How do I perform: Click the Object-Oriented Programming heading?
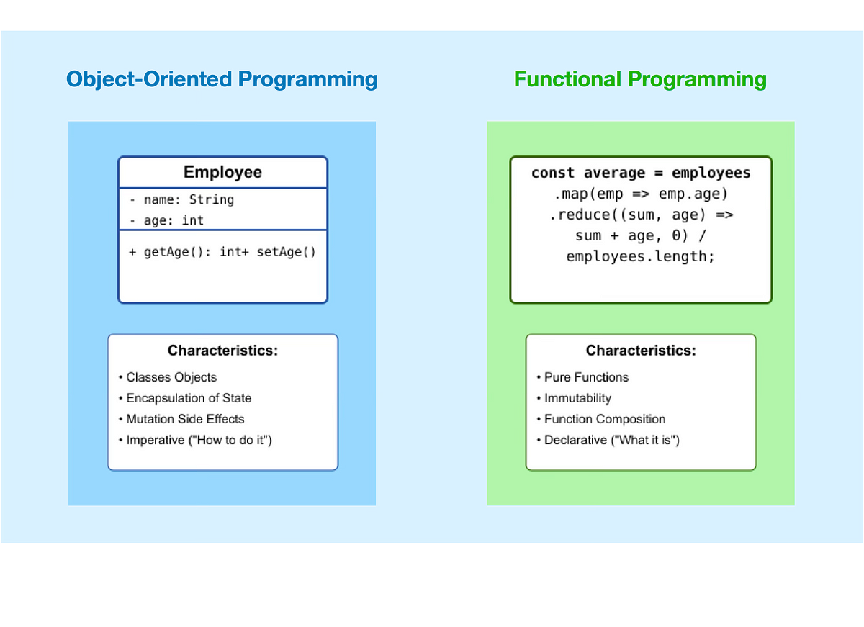(x=222, y=79)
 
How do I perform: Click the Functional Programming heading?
(x=640, y=79)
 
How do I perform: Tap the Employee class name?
(x=222, y=172)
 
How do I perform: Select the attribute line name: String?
(x=182, y=199)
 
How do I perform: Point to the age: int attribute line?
(x=166, y=220)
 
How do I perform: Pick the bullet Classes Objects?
(x=168, y=377)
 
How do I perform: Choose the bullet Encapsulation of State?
(x=185, y=398)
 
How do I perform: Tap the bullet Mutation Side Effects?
(x=181, y=419)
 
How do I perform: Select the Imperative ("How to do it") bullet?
(x=195, y=440)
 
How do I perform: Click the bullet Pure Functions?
(x=582, y=377)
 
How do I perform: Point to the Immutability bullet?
(x=574, y=398)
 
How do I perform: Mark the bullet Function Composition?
(x=601, y=419)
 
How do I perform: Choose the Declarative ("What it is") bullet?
(x=608, y=440)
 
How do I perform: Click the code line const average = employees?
(x=641, y=173)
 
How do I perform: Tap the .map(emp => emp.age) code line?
(x=641, y=194)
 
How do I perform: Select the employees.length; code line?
(x=640, y=256)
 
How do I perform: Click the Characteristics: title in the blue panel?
(x=222, y=351)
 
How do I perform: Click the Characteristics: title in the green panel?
(x=641, y=351)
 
